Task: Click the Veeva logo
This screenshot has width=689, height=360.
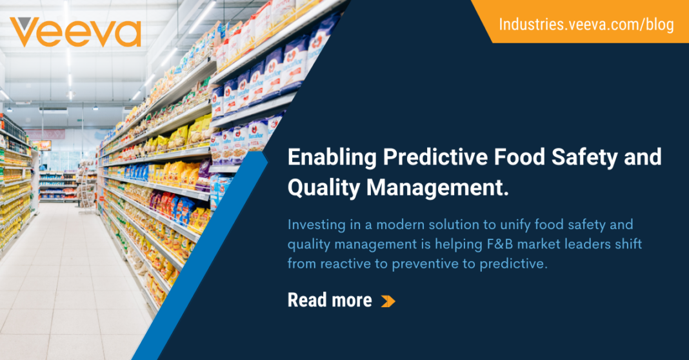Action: coord(75,32)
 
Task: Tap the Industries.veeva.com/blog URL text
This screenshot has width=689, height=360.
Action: coord(586,25)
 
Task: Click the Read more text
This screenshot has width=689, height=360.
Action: coord(329,300)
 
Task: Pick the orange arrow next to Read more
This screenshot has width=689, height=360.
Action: coord(388,301)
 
